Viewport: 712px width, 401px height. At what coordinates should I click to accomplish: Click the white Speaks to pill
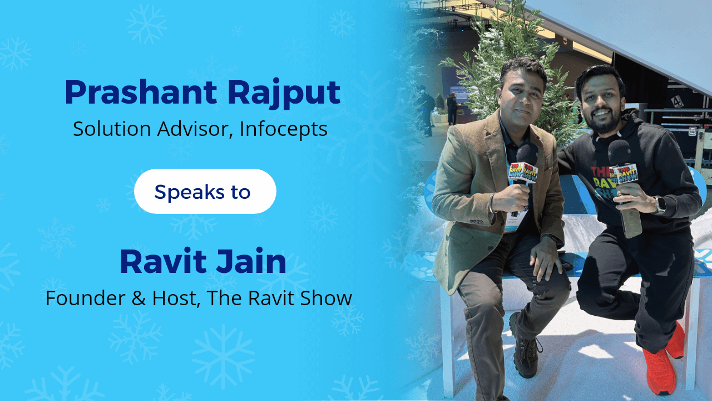(x=205, y=192)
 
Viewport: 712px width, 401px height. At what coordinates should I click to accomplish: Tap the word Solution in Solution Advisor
(x=112, y=129)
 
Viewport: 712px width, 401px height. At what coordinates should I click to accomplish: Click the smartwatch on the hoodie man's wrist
(x=660, y=205)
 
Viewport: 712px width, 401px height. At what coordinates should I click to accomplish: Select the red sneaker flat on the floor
(x=659, y=370)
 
